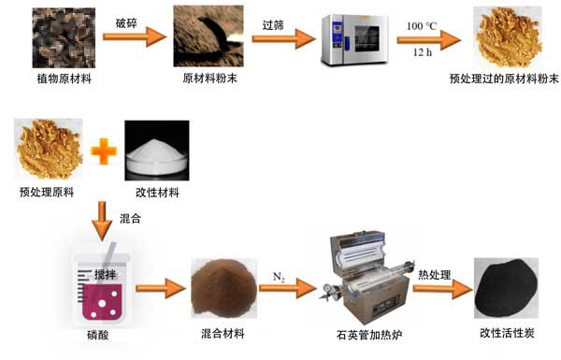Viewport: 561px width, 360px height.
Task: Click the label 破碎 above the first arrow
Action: tap(126, 23)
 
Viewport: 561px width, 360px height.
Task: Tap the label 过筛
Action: tap(273, 25)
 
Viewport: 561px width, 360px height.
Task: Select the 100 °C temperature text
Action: tap(422, 26)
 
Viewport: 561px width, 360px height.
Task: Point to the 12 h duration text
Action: tap(423, 52)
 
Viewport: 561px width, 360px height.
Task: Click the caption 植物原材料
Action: tap(65, 79)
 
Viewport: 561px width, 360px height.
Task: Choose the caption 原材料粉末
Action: tap(209, 78)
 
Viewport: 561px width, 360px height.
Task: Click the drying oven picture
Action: tap(355, 39)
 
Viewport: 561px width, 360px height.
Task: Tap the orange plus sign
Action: tap(104, 151)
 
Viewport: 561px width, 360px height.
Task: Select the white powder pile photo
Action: tap(157, 151)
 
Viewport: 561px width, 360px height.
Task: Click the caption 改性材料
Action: tap(157, 193)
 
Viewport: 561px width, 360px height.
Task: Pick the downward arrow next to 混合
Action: tap(102, 221)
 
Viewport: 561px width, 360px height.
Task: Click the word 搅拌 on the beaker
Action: tap(105, 275)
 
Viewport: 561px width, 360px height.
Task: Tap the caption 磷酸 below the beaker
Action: tap(98, 336)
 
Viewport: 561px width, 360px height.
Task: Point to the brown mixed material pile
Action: tap(224, 288)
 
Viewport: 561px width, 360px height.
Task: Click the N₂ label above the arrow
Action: tap(279, 278)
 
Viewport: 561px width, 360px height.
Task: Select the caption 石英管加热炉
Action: tap(369, 335)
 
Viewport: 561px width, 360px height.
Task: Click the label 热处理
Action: tap(435, 275)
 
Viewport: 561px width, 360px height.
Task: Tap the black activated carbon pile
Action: tap(506, 288)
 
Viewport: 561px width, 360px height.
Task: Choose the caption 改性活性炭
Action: tap(507, 333)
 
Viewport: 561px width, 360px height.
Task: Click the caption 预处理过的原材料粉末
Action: tap(504, 79)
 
